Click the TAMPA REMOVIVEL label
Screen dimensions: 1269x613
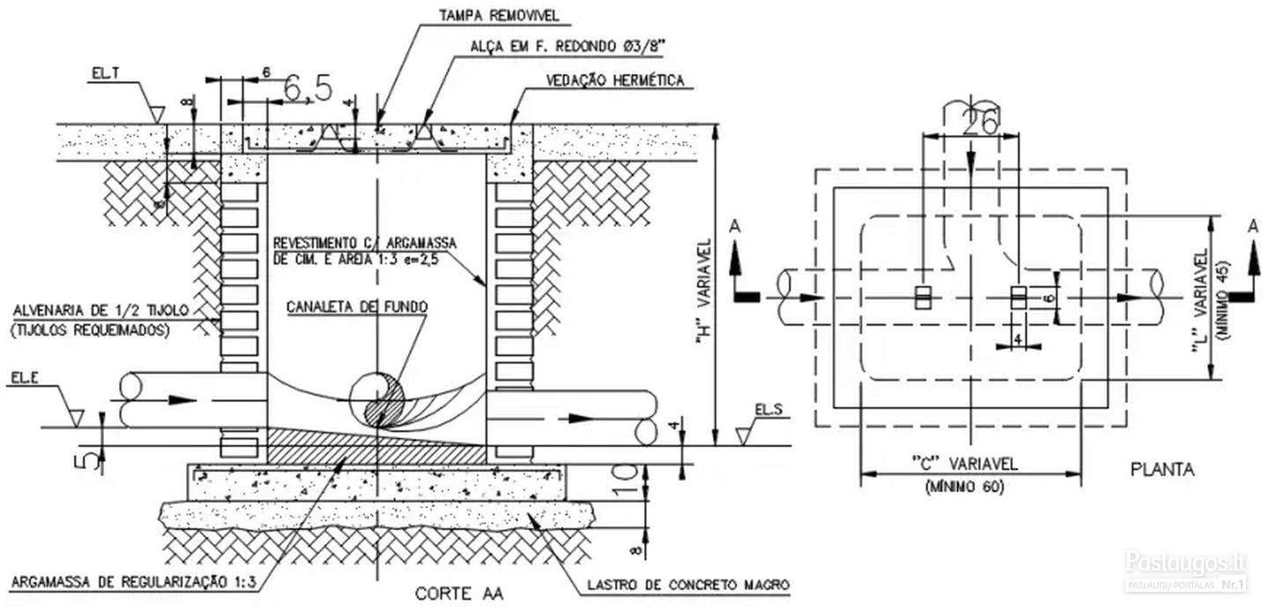(x=499, y=15)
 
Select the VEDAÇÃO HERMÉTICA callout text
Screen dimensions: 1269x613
(x=615, y=80)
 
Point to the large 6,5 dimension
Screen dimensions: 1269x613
(x=307, y=88)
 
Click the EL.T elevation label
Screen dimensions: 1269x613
(x=106, y=74)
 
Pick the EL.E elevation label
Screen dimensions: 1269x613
(x=25, y=378)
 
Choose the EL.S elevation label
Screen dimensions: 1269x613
(x=768, y=409)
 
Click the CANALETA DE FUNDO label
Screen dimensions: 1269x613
(x=357, y=307)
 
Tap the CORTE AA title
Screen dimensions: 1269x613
(x=459, y=594)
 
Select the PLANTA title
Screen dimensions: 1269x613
(x=1162, y=469)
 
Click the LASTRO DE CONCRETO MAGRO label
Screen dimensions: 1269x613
(x=688, y=585)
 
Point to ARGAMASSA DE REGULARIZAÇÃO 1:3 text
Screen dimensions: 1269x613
(x=134, y=582)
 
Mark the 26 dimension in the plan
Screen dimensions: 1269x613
(x=980, y=122)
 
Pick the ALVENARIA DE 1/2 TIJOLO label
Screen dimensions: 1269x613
(x=100, y=310)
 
